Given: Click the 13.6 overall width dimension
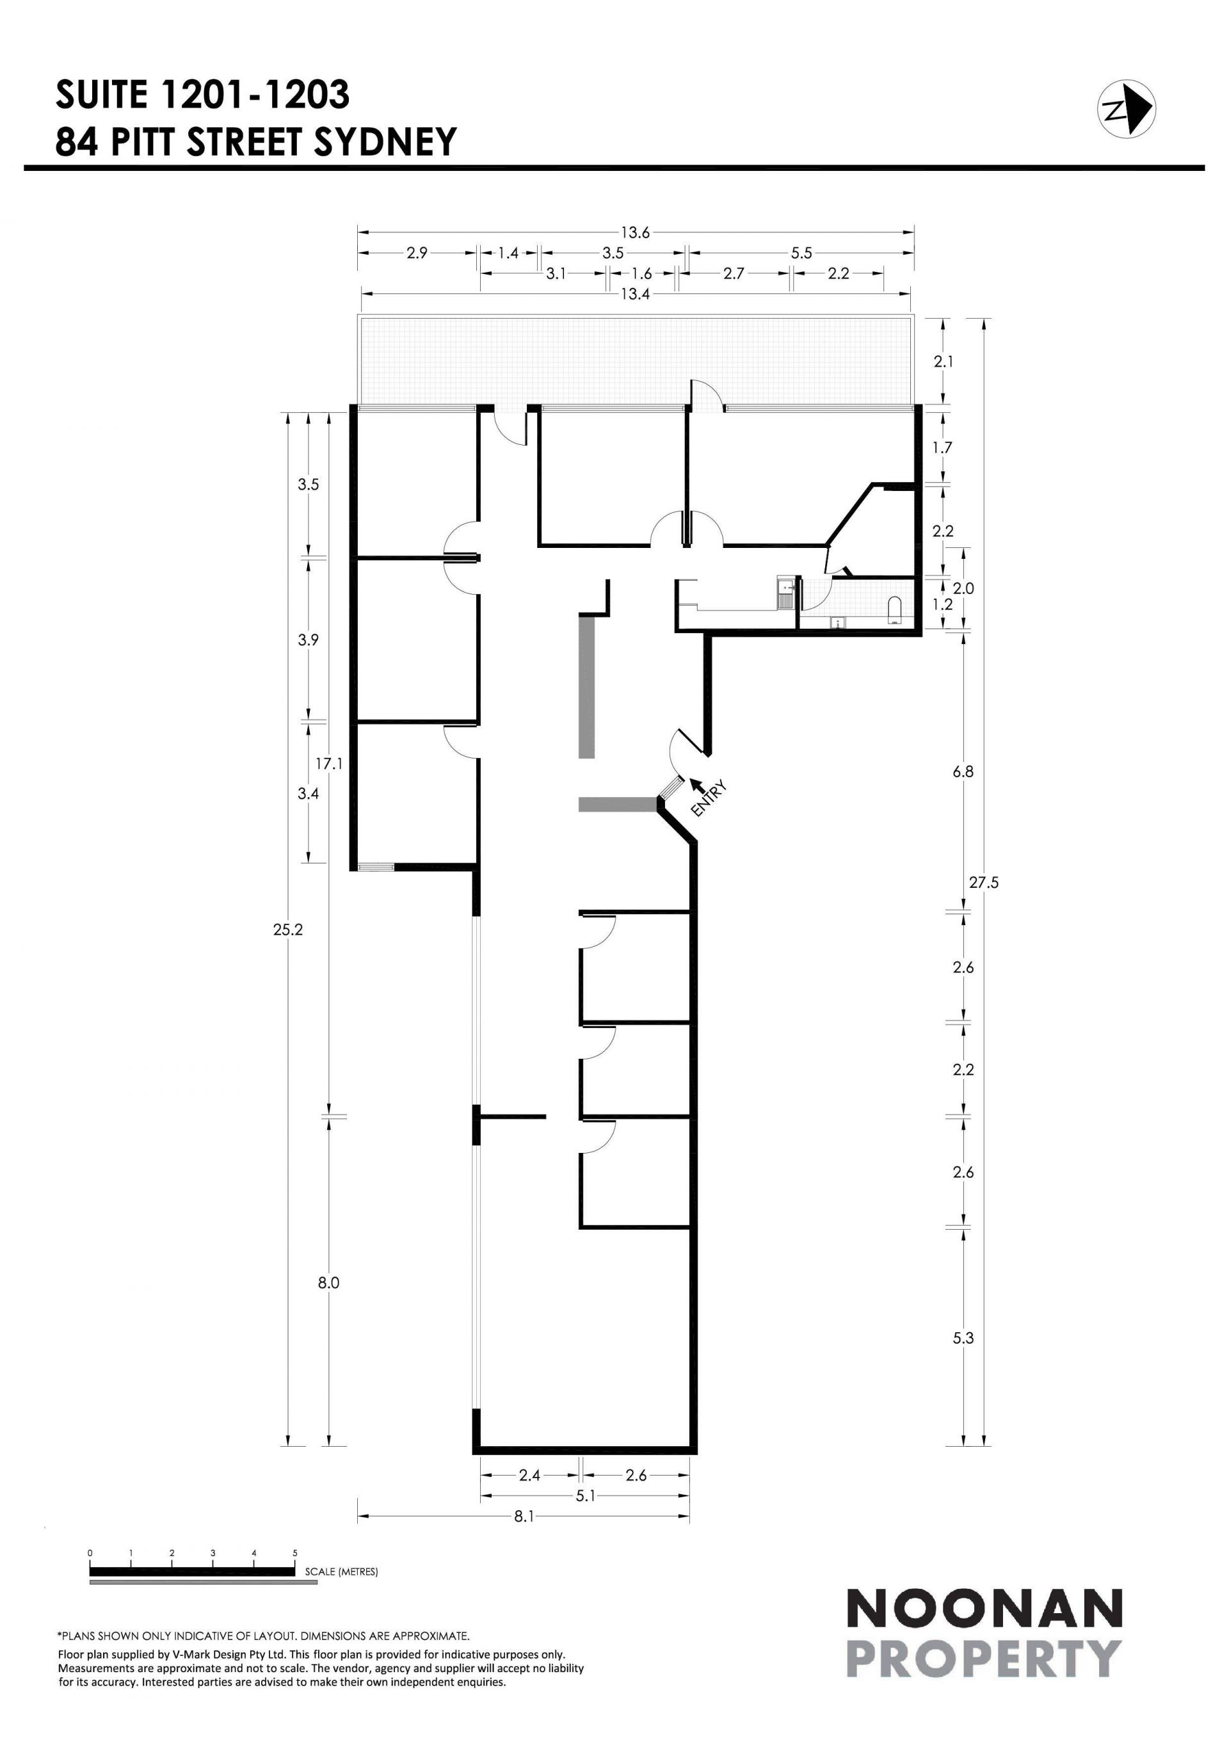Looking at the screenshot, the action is [636, 232].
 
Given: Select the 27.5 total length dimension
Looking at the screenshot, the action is [984, 882].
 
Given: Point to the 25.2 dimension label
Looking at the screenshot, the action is [287, 929].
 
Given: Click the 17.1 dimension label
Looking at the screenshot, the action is [329, 764].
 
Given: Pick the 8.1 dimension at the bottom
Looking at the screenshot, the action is [524, 1517].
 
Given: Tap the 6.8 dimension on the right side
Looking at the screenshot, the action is [963, 772].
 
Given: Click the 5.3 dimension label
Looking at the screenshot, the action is [963, 1337].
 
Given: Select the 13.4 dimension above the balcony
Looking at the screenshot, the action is [636, 294].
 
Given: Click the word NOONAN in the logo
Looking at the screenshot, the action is [984, 1609].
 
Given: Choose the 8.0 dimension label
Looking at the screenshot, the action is [328, 1282].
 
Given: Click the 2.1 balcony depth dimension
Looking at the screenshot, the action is [943, 362].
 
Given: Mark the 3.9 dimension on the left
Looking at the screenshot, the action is [308, 640].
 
